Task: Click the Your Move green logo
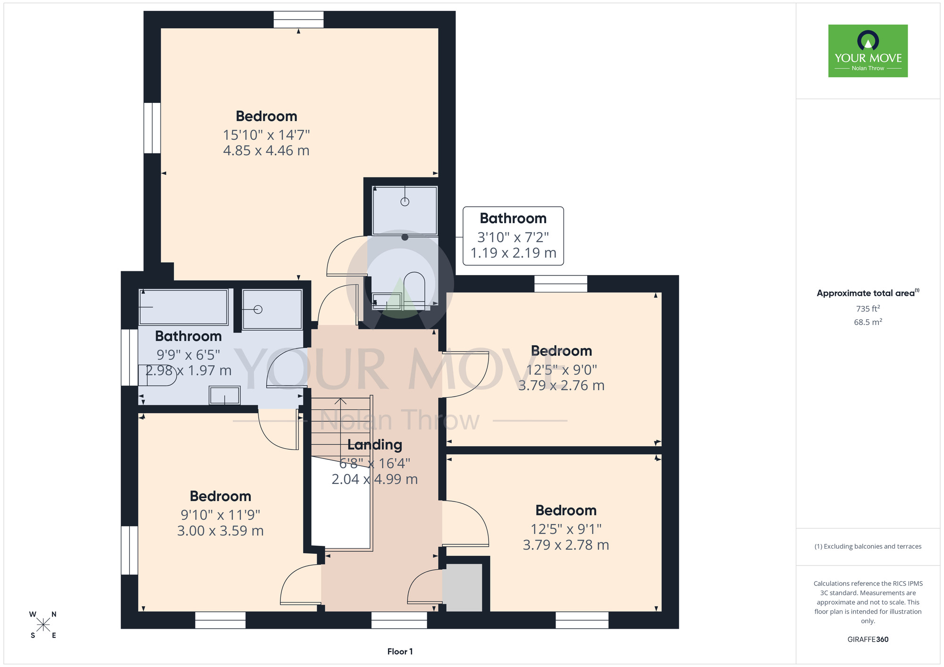868,51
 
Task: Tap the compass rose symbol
43,625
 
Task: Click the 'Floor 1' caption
400,651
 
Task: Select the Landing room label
375,445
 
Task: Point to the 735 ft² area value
868,308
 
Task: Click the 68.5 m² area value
868,322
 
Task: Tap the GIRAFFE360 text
868,640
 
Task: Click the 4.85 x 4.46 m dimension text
266,150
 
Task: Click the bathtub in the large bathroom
184,307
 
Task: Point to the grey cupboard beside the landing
464,588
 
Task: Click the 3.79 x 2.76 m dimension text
561,385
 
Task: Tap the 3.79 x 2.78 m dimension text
566,545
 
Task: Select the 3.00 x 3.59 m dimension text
220,531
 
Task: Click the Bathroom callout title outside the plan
513,218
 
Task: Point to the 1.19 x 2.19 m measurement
513,253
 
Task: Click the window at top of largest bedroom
299,20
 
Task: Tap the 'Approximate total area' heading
868,293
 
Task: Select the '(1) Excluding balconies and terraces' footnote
868,546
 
